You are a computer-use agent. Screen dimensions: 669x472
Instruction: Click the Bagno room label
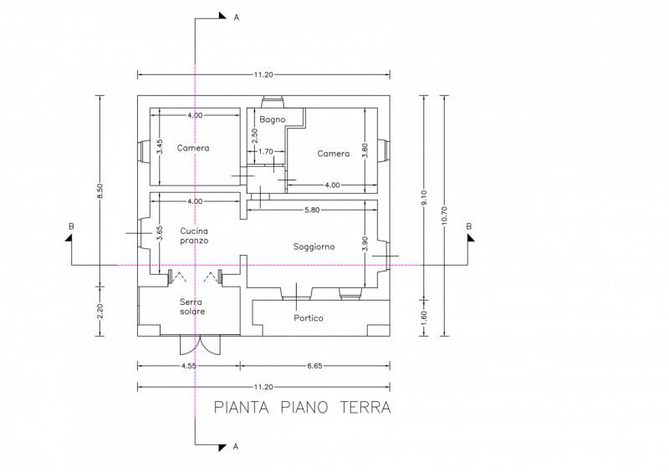(273, 119)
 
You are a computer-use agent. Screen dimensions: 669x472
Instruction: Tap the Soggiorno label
(314, 246)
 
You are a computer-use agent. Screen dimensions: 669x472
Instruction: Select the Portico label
(309, 318)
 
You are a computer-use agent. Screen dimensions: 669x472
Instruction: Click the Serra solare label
(192, 307)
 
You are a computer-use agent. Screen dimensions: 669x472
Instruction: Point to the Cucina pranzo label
(194, 236)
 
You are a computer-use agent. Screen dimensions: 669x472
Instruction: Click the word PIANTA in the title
(241, 407)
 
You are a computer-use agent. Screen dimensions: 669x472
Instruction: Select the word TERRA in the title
(365, 407)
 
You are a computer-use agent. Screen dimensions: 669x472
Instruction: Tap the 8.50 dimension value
(100, 190)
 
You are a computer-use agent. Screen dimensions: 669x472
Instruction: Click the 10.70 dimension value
(445, 216)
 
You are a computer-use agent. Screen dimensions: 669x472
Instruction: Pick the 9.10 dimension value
(424, 198)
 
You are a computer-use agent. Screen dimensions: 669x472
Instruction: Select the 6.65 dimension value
(315, 366)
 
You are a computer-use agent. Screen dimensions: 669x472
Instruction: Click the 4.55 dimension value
(189, 366)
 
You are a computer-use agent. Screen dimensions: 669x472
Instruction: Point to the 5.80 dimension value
(312, 210)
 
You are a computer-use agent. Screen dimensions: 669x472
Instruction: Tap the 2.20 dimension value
(100, 312)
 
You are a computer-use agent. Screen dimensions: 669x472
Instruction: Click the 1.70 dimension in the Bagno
(266, 151)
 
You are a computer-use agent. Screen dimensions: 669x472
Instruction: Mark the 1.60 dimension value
(424, 317)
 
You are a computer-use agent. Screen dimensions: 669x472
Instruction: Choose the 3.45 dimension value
(159, 147)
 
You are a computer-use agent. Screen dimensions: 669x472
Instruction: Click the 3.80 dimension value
(365, 150)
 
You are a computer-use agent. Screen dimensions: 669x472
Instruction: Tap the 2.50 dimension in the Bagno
(255, 136)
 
